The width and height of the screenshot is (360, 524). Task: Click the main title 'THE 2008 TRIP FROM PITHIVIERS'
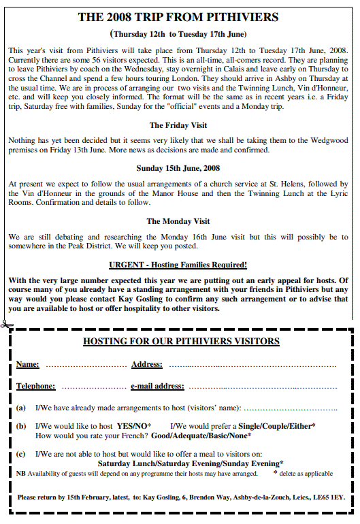coord(178,16)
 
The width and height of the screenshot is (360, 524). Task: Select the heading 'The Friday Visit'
coord(178,125)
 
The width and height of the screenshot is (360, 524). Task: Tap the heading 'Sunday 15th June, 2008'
coord(178,168)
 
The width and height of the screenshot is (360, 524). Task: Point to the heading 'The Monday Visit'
coord(178,221)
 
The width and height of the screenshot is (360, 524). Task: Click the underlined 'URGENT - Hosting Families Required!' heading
coord(178,265)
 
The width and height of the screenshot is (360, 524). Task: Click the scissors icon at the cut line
coord(5,323)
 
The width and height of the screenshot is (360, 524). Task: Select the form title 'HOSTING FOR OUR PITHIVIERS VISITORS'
coord(181,341)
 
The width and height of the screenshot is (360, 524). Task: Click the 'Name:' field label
coord(28,365)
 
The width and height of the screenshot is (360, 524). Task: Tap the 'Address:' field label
coord(146,365)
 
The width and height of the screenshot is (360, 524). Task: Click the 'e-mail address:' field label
coord(157,386)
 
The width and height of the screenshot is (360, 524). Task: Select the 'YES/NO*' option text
coord(134,425)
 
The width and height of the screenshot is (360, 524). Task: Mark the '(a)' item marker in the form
coord(21,408)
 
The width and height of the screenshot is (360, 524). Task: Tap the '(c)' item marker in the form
coord(21,453)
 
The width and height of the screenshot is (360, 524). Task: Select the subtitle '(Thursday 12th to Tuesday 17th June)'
coord(178,33)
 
